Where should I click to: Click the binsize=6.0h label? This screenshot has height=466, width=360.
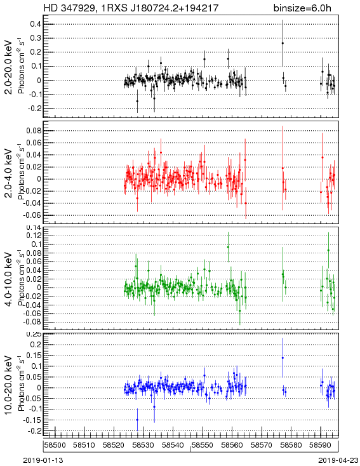(x=302, y=8)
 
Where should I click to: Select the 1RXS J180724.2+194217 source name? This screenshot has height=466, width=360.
(x=160, y=8)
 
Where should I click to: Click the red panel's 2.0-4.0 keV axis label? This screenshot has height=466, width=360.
(x=9, y=173)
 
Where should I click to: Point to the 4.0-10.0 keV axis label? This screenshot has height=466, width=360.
(x=9, y=279)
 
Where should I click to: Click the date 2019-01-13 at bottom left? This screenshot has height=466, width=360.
(x=43, y=460)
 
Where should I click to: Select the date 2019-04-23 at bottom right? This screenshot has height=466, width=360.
(x=338, y=460)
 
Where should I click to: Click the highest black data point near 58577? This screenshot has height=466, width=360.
(x=283, y=43)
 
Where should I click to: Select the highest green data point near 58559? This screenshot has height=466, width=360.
(x=228, y=247)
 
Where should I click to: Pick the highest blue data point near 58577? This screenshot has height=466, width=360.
(x=283, y=358)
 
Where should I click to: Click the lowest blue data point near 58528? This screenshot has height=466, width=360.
(x=137, y=420)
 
